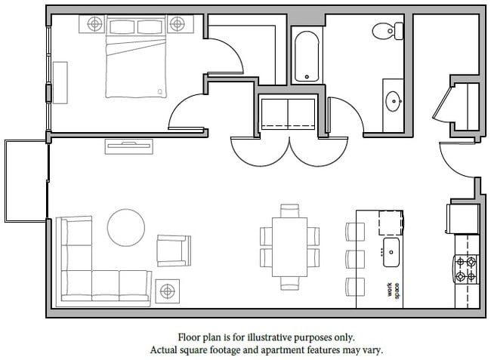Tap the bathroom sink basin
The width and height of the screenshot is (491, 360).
point(393,100)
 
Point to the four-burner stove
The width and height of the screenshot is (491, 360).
point(466,269)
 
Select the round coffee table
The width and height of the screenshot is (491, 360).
point(126,227)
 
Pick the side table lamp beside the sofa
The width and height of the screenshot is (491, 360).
point(167,291)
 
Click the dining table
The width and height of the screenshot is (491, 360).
point(290,246)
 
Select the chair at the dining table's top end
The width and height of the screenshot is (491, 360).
point(290,210)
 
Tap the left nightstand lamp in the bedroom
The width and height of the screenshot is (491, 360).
point(94,24)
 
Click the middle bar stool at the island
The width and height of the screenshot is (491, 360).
point(354,258)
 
